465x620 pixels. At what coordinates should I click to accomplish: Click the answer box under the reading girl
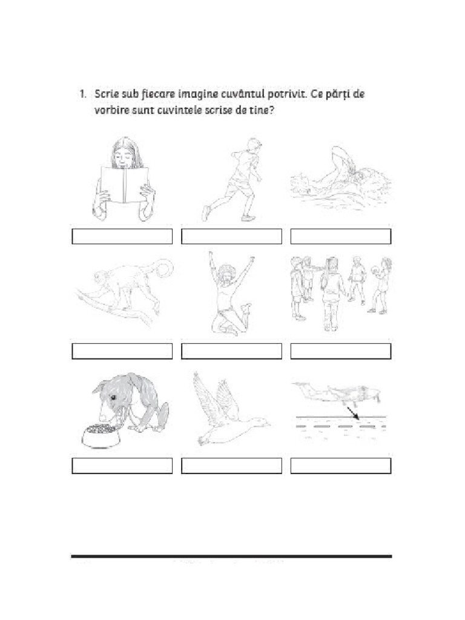coord(122,237)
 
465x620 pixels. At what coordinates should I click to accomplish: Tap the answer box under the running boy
coord(232,237)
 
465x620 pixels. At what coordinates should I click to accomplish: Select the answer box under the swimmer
coord(341,237)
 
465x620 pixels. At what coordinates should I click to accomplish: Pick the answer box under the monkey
coord(122,351)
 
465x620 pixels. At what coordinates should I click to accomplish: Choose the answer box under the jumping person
coord(232,351)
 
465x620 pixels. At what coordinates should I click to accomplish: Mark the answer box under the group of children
coord(341,351)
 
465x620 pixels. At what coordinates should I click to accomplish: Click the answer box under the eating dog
coord(122,466)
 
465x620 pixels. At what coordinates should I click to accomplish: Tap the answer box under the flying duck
coord(232,466)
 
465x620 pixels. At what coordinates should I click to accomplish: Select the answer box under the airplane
coord(341,466)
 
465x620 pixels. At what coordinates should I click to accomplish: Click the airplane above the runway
coord(336,392)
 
